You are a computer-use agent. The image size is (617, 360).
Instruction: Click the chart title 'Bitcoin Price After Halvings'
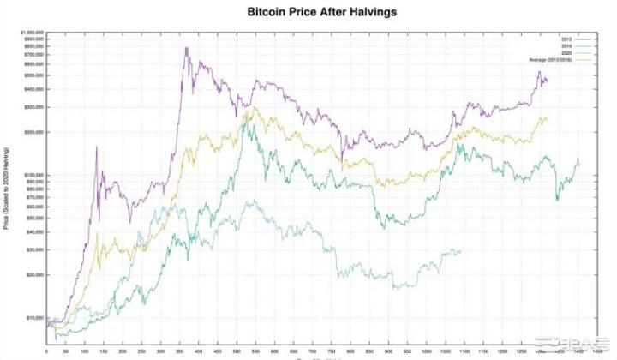[309, 13]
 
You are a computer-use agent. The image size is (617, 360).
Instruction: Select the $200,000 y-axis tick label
[33, 132]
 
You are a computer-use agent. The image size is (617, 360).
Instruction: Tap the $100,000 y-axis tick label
[33, 175]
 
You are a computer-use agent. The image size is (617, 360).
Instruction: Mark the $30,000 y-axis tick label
[34, 249]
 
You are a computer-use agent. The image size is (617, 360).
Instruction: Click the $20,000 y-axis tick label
[34, 274]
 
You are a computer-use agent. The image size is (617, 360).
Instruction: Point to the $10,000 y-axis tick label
[34, 317]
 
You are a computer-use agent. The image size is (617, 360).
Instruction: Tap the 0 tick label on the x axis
[46, 351]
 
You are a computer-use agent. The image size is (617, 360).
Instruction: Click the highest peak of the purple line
[186, 47]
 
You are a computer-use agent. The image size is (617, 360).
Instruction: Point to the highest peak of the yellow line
[248, 108]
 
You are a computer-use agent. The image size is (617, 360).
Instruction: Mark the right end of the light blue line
[461, 250]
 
